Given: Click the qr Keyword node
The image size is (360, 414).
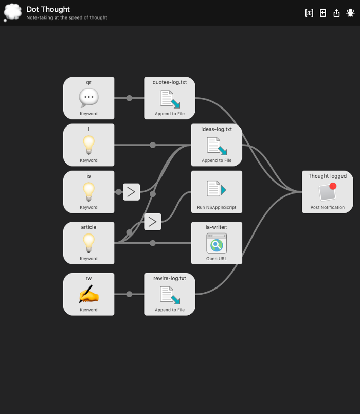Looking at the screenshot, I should (88, 98).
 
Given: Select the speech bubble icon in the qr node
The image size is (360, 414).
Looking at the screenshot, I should (88, 97).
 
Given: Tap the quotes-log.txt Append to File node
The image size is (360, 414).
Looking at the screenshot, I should (170, 98).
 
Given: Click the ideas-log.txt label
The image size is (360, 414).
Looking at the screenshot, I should (217, 129).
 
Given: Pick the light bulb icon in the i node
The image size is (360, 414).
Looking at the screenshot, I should (88, 145).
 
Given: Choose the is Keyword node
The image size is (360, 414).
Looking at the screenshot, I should (88, 192).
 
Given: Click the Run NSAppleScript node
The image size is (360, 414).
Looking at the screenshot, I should (217, 192).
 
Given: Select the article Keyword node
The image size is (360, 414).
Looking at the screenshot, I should (88, 243).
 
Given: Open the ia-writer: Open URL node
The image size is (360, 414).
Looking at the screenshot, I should (217, 243).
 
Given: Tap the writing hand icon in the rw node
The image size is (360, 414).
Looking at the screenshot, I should (88, 294).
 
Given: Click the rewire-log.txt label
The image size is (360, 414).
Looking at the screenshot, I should (170, 278).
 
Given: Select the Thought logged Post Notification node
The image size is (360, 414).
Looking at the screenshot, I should (328, 192).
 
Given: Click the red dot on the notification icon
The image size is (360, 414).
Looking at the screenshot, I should (333, 186).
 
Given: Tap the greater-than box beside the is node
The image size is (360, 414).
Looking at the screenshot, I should (131, 192).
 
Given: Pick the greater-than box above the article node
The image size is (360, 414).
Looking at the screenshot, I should (152, 222).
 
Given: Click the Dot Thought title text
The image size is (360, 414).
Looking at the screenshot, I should (48, 9).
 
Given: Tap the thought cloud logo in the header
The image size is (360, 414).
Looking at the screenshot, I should (12, 12).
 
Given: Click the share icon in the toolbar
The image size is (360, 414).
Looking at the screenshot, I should (337, 13).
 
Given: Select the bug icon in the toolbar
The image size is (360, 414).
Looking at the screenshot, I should (350, 13).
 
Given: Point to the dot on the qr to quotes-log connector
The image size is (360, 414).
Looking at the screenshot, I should (129, 98).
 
